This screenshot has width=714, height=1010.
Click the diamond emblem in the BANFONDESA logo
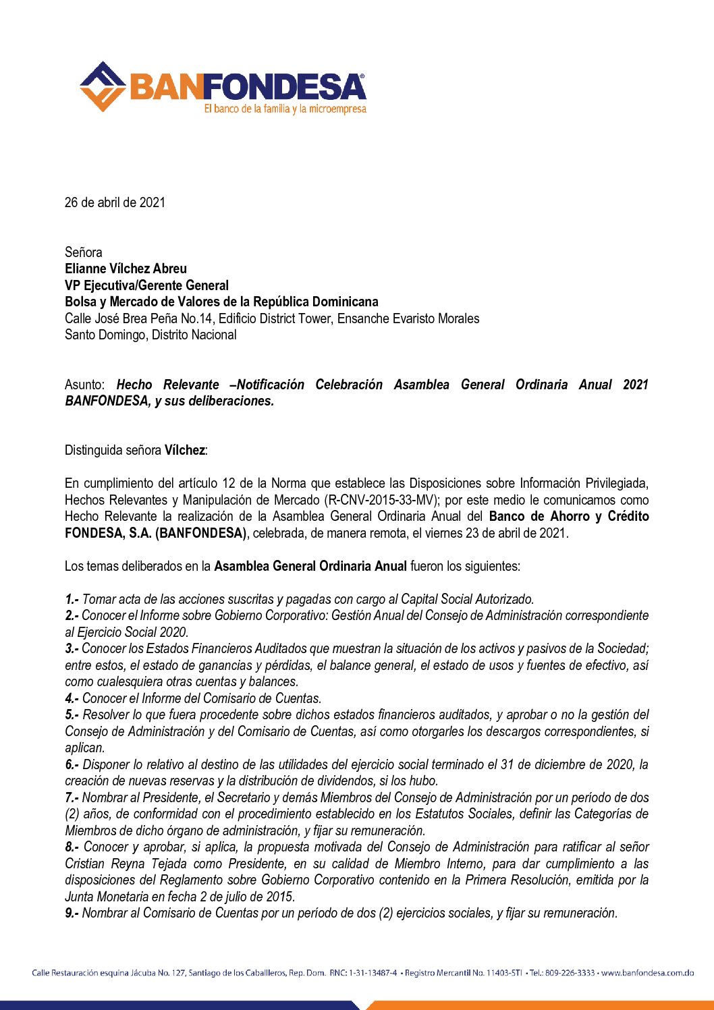pyautogui.click(x=102, y=86)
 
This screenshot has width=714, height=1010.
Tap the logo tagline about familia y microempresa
pyautogui.click(x=285, y=109)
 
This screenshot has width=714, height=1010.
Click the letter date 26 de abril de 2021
pyautogui.click(x=115, y=202)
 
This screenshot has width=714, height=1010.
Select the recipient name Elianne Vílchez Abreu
pyautogui.click(x=126, y=269)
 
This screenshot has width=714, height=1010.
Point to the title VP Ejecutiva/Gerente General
pyautogui.click(x=146, y=285)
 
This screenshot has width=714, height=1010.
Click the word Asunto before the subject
pyautogui.click(x=84, y=385)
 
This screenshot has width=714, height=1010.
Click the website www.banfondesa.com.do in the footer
pyautogui.click(x=647, y=973)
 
